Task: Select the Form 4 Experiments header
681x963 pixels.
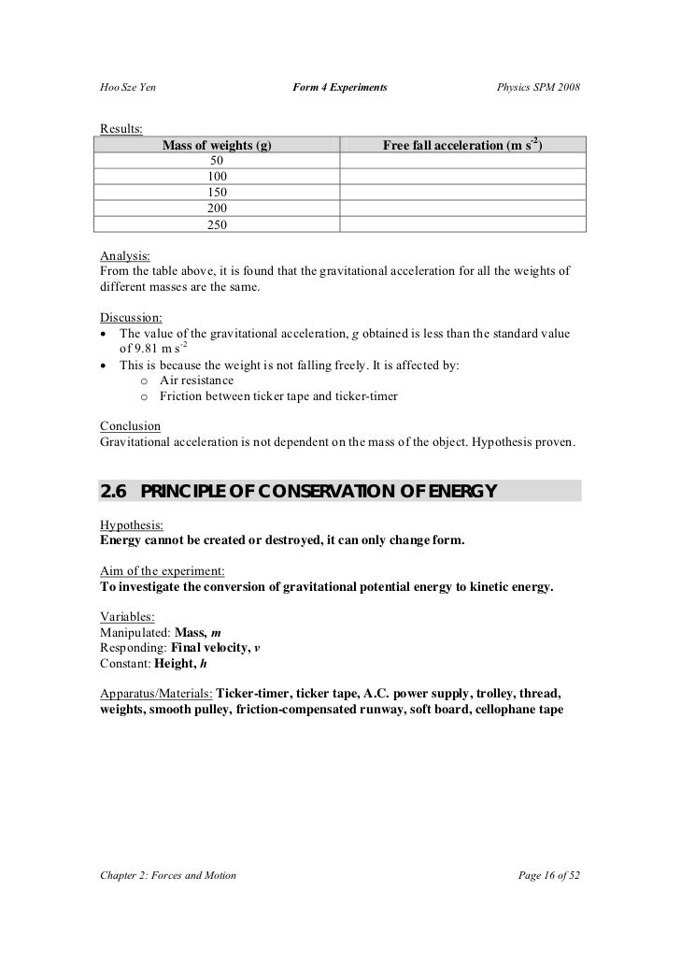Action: [339, 88]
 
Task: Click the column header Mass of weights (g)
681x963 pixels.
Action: [217, 147]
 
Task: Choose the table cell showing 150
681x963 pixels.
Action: [217, 192]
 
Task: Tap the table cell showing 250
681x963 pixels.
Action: [217, 224]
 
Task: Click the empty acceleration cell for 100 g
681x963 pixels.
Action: [462, 177]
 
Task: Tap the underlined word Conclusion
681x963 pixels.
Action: [130, 426]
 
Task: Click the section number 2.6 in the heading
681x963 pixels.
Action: [116, 493]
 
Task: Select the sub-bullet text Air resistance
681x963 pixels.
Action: [196, 381]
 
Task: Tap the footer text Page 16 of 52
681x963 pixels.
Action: [548, 875]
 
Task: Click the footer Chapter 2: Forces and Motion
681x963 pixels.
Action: [167, 875]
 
